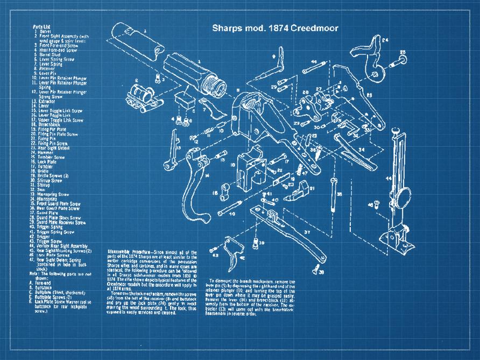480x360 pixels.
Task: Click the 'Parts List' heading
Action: pos(41,26)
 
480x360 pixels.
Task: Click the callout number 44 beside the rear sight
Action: pos(387,178)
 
